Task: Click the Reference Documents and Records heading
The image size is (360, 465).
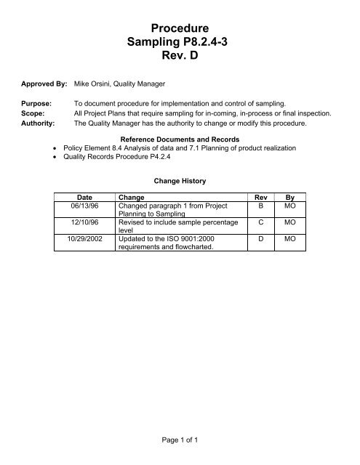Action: coord(180,138)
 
